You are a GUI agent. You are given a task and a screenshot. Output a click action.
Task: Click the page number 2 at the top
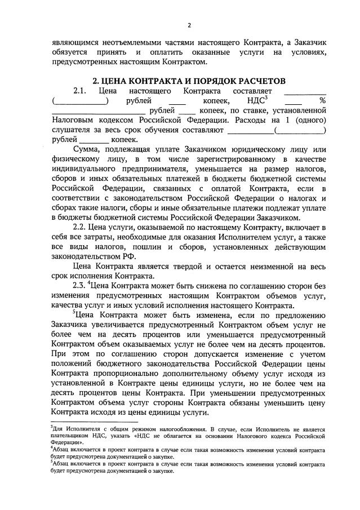tap(189, 25)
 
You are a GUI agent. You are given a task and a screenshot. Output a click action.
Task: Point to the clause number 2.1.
tap(81, 91)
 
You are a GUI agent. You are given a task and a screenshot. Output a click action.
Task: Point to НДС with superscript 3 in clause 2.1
tap(251, 100)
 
